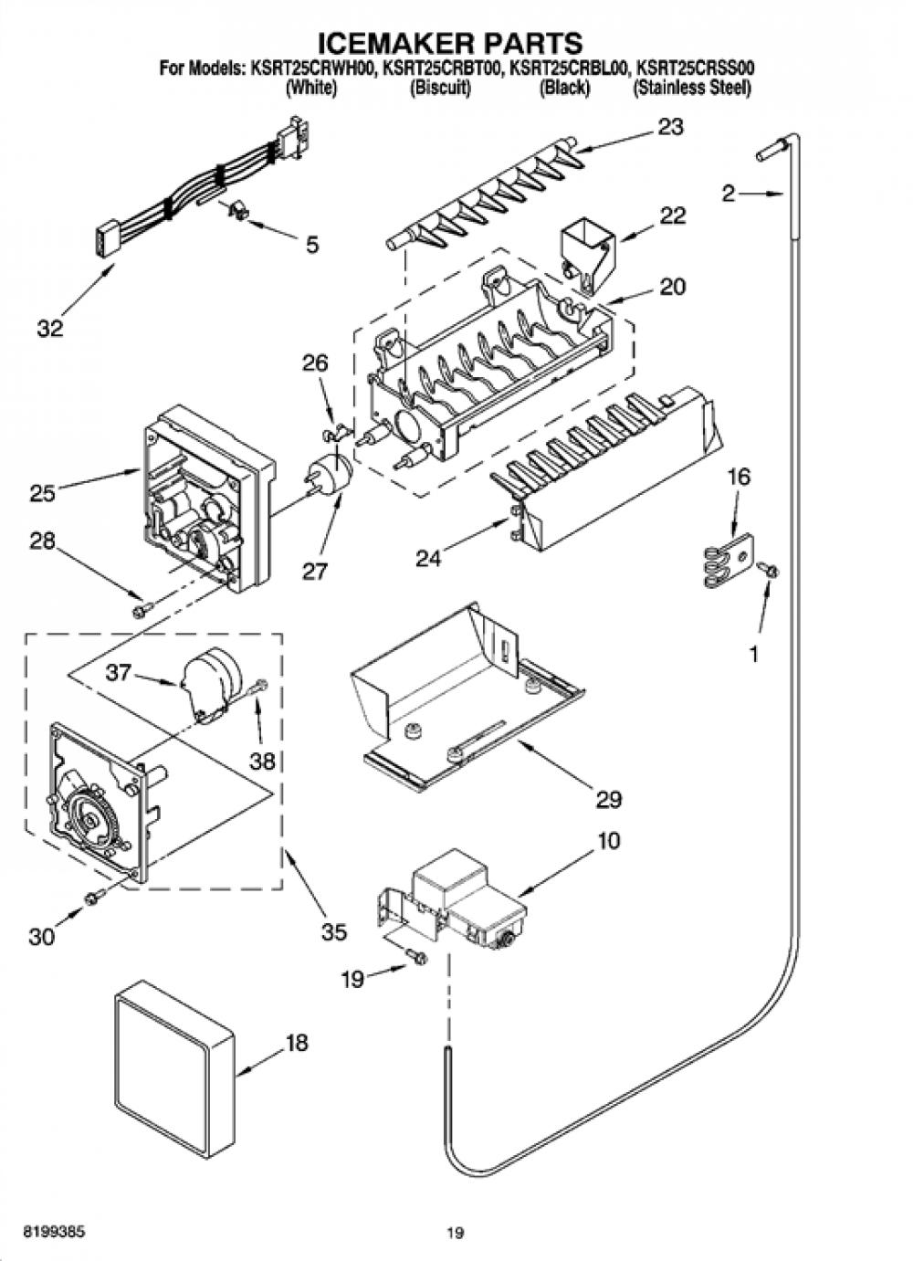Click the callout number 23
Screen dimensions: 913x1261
coord(670,127)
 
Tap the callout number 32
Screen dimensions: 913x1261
coord(50,328)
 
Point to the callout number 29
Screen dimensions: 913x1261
coord(608,799)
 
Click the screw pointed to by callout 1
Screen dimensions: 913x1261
coord(768,570)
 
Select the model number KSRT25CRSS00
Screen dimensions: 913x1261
coord(695,69)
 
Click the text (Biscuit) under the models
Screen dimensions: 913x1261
coord(440,89)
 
